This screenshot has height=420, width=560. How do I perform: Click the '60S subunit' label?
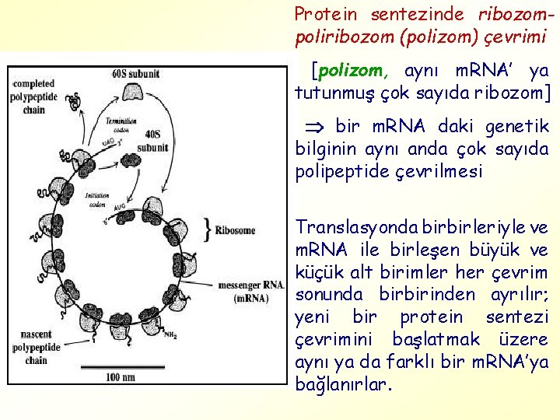[135, 74]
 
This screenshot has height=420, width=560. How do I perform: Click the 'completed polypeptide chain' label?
[33, 96]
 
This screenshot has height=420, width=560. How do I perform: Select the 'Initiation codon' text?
[98, 201]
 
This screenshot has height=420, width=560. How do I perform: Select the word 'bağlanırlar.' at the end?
[344, 385]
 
